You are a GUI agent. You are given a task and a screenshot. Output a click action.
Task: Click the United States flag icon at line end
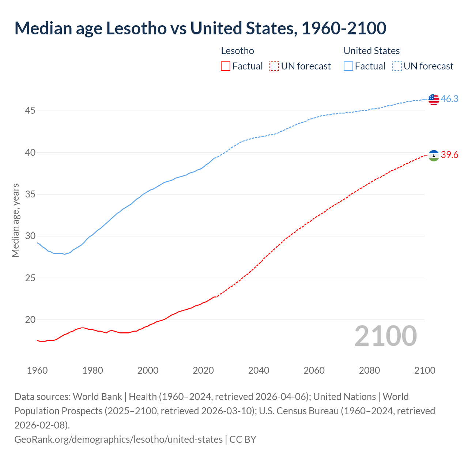click(434, 99)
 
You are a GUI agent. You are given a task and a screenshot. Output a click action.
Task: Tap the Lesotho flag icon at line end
click(434, 156)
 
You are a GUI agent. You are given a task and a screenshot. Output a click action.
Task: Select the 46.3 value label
click(449, 99)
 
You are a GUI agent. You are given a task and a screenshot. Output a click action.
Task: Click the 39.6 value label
click(449, 155)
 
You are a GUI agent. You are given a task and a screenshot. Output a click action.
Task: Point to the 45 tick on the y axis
click(30, 110)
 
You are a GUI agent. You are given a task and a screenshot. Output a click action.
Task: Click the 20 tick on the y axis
click(30, 320)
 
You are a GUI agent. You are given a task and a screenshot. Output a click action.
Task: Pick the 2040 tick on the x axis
click(258, 370)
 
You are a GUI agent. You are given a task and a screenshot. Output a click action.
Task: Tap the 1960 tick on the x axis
click(37, 370)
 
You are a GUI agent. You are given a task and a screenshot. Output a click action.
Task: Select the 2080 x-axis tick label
click(369, 370)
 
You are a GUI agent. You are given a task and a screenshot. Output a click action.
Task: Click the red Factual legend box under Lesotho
click(226, 66)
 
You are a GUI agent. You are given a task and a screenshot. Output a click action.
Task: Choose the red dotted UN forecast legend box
click(274, 66)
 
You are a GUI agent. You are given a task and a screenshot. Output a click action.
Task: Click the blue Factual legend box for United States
click(348, 66)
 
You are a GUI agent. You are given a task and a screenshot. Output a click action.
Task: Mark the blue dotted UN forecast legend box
click(397, 66)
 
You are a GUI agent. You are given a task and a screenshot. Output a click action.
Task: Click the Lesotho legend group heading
click(237, 51)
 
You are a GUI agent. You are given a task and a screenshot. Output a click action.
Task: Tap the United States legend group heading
click(371, 51)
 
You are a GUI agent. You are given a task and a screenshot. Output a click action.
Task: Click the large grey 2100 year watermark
click(385, 336)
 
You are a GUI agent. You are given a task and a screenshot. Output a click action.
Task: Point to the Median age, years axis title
click(15, 220)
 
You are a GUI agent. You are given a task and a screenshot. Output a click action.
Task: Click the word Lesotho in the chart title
click(136, 28)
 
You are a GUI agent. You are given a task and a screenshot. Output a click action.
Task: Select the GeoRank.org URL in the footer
click(118, 439)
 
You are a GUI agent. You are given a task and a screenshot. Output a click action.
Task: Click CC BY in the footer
click(243, 439)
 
